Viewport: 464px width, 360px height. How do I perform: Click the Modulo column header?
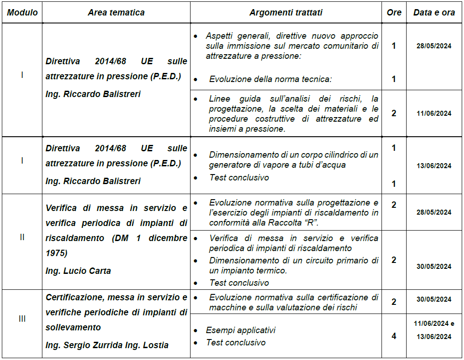[x=22, y=12]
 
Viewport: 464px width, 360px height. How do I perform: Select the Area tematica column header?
[x=116, y=12]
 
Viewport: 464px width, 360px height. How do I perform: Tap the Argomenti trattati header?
[x=286, y=12]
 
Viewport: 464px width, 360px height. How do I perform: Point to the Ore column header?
[x=394, y=12]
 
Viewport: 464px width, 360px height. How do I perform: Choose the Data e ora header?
[x=434, y=12]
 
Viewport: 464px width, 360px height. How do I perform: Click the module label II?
[x=22, y=237]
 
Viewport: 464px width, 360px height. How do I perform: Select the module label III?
[x=22, y=319]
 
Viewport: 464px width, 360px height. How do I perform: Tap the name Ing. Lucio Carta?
[x=78, y=271]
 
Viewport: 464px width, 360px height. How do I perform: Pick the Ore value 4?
[x=394, y=336]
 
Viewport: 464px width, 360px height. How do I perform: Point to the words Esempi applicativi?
[x=241, y=330]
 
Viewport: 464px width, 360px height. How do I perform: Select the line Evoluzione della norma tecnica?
[x=270, y=79]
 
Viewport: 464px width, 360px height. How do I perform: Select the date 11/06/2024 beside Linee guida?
[x=434, y=113]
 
